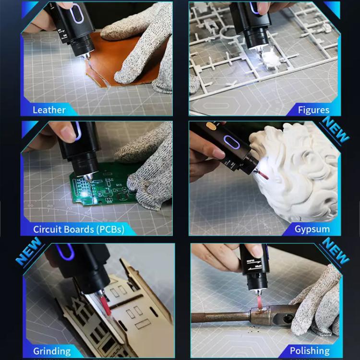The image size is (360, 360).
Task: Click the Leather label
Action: pyautogui.click(x=49, y=110)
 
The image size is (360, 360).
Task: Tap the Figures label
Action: pyautogui.click(x=313, y=110)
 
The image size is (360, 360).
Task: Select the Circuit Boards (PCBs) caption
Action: pyautogui.click(x=79, y=229)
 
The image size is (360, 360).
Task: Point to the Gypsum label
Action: pyautogui.click(x=312, y=229)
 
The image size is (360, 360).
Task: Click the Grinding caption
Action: pyautogui.click(x=52, y=351)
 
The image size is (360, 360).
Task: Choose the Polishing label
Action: pyautogui.click(x=310, y=351)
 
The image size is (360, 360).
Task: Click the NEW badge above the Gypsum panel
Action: pyautogui.click(x=335, y=130)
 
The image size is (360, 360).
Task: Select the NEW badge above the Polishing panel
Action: pyautogui.click(x=335, y=252)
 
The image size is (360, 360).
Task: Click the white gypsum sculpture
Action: pyautogui.click(x=296, y=172)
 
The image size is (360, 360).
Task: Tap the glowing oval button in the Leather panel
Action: pyautogui.click(x=77, y=13)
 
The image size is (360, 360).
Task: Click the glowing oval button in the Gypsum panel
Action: pyautogui.click(x=231, y=142)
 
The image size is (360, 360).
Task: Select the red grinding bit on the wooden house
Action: pyautogui.click(x=105, y=305)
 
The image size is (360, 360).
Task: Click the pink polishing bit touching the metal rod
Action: pyautogui.click(x=260, y=302)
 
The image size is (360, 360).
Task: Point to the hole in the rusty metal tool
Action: pyautogui.click(x=287, y=319)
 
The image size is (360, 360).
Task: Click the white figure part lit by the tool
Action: pyautogui.click(x=271, y=60)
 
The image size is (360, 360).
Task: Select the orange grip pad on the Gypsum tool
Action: pyautogui.click(x=211, y=126)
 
